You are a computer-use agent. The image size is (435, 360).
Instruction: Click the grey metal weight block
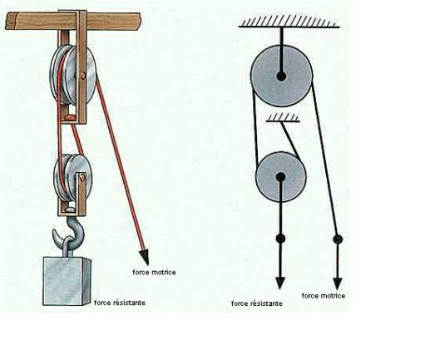coord(67,281)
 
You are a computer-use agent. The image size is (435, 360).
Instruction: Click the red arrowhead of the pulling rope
coord(145,257)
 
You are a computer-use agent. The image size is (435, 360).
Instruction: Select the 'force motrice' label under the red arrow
coord(154,273)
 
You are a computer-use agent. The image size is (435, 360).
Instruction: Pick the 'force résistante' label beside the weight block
coord(120,303)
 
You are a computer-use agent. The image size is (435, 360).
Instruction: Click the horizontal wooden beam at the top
coord(72,21)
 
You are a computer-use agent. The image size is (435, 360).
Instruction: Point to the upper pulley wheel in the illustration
coord(72,75)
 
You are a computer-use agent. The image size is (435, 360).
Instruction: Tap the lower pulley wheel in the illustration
coord(72,177)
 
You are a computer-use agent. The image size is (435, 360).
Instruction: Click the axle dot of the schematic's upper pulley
coord(281,76)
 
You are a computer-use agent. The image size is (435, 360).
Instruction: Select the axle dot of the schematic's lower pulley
coord(280,176)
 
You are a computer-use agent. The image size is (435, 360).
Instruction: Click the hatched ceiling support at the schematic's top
coord(289,21)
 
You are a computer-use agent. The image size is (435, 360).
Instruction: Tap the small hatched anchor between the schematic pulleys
coord(283,117)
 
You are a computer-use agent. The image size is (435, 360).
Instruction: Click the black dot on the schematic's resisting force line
coord(280,239)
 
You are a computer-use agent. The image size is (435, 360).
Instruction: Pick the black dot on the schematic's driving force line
coord(338,239)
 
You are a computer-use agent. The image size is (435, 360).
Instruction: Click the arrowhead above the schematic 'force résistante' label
coord(280,283)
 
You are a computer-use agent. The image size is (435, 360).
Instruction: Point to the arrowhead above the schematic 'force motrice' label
coord(338,284)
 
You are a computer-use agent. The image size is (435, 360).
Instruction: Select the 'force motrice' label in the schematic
coord(324,296)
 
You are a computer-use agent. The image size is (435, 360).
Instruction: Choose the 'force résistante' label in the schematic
coord(257,303)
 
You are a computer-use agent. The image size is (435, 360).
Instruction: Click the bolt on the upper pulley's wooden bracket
coord(82,75)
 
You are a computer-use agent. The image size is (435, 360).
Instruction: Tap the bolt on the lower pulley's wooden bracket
coord(82,178)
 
